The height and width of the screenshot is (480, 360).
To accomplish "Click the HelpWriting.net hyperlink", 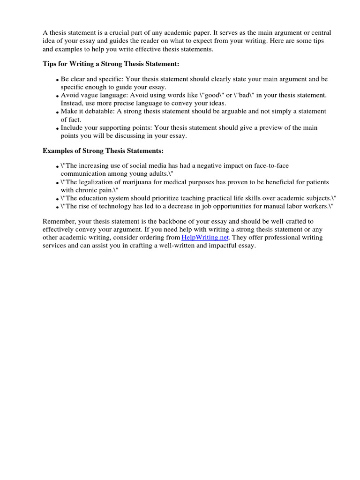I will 204,238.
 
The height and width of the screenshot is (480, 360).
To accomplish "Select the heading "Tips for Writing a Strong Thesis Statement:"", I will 111,63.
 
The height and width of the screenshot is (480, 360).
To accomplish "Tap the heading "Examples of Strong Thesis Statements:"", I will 103,151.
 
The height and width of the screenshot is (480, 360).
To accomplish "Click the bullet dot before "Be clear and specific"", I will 57,80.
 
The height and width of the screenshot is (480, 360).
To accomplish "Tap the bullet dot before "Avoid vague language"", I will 57,96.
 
